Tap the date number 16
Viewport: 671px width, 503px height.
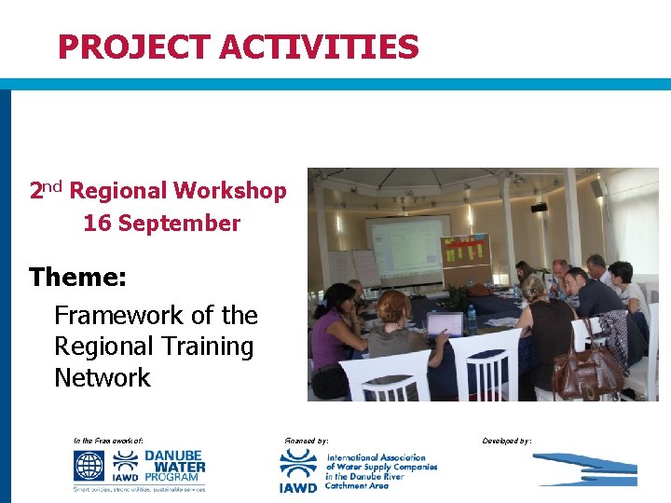coord(95,224)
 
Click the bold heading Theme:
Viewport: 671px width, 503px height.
coord(77,278)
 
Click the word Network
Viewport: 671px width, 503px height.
coord(102,378)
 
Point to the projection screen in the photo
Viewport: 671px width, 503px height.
coord(407,249)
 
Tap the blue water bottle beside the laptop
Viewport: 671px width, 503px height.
coord(472,320)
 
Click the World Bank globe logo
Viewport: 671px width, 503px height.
coord(90,467)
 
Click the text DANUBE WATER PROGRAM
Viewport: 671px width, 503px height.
coord(173,466)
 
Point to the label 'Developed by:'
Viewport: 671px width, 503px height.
coord(507,439)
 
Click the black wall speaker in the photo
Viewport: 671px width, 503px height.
coord(540,207)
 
